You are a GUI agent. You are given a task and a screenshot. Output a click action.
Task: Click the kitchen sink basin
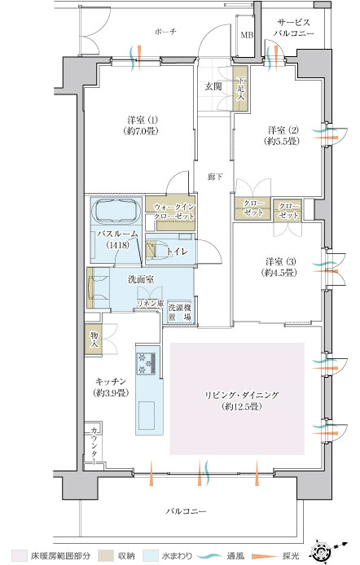click(x=147, y=415)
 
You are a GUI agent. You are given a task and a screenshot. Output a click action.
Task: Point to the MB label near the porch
click(x=247, y=35)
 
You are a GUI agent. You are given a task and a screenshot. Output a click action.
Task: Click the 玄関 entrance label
click(x=213, y=86)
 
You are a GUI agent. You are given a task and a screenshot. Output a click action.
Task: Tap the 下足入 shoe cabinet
click(x=240, y=88)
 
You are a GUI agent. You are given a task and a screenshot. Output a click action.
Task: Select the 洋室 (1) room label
click(x=143, y=120)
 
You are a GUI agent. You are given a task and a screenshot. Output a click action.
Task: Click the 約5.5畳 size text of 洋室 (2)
click(x=282, y=142)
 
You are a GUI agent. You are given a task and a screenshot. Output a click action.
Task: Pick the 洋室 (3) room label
click(x=281, y=261)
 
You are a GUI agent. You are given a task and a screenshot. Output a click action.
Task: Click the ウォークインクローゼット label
click(x=174, y=212)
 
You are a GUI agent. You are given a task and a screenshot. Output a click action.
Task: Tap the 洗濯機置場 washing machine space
click(x=179, y=313)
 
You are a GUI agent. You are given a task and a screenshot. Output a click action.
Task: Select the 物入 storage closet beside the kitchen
click(x=94, y=339)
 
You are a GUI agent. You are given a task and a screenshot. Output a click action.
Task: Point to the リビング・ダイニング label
click(x=242, y=395)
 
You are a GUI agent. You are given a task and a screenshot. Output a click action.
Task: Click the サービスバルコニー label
click(x=294, y=28)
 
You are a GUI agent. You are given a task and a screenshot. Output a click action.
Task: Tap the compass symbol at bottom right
click(x=323, y=552)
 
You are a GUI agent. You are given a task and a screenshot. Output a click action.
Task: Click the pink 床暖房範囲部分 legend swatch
click(x=19, y=555)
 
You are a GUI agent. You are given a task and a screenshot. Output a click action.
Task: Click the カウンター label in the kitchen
click(x=94, y=445)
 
